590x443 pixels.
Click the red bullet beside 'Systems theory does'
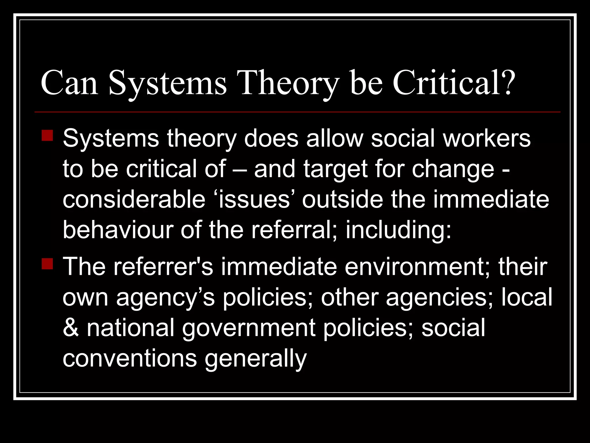coord(47,136)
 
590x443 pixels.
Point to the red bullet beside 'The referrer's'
coord(47,264)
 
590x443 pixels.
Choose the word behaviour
coord(118,230)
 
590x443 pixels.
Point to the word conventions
coord(130,358)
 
